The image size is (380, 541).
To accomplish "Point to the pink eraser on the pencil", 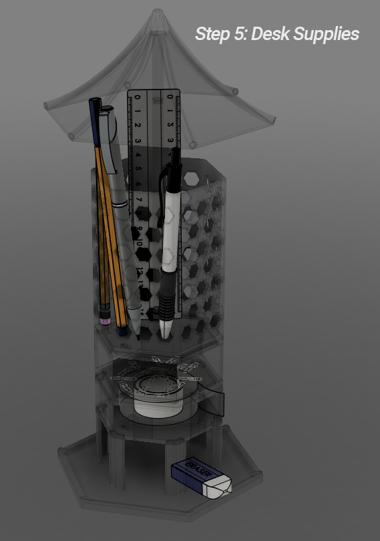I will [104, 319].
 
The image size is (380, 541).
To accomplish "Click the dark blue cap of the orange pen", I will [96, 120].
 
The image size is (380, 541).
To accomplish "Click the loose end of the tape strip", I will [221, 403].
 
